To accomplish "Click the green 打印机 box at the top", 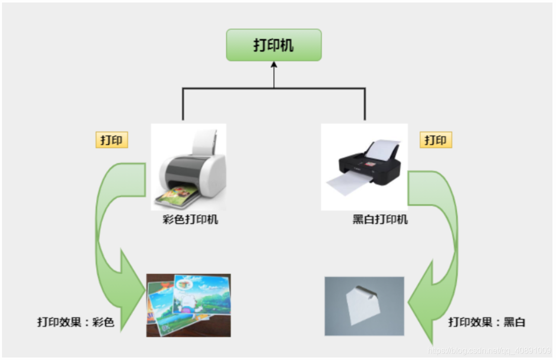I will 273,45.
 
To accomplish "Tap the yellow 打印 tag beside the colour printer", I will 111,140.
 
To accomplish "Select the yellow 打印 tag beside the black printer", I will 436,140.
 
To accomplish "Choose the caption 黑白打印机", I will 380,220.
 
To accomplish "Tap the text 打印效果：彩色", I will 75,322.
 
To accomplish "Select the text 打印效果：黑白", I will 486,322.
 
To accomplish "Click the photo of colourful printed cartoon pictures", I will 188,305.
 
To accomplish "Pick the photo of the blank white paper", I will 364,306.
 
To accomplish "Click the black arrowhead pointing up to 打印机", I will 274,65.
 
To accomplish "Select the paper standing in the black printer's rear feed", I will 382,149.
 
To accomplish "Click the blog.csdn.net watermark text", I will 489,350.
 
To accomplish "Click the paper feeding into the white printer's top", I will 205,142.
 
